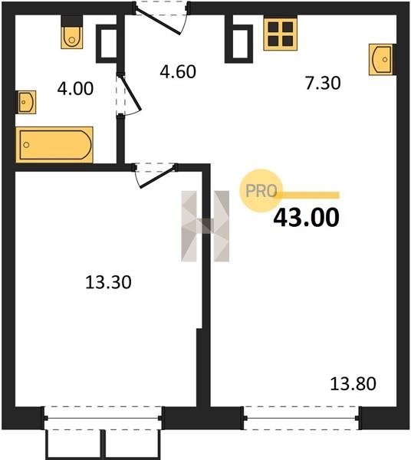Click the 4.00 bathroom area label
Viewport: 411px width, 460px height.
(x=75, y=89)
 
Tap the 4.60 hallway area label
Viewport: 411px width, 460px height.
(x=178, y=71)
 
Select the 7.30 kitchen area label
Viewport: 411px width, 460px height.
(x=323, y=83)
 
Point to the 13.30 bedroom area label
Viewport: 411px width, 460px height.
(x=108, y=282)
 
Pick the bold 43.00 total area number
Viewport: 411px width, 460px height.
(x=306, y=218)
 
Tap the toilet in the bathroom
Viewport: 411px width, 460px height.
(x=72, y=32)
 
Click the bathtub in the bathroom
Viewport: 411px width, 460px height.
(x=54, y=145)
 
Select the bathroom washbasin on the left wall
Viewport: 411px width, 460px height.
(x=26, y=102)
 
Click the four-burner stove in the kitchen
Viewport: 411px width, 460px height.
(x=280, y=34)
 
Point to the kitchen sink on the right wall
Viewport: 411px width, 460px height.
(x=383, y=60)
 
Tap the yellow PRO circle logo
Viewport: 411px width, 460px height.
(x=261, y=191)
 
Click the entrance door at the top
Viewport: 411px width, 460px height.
(x=161, y=18)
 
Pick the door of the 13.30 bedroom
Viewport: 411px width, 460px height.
(x=155, y=176)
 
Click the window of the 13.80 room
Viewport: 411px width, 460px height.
(x=301, y=418)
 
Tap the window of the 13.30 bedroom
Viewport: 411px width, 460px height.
(x=103, y=418)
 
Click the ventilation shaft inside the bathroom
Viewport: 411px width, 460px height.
(x=108, y=44)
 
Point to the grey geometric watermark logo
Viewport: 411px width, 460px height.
(x=205, y=226)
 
